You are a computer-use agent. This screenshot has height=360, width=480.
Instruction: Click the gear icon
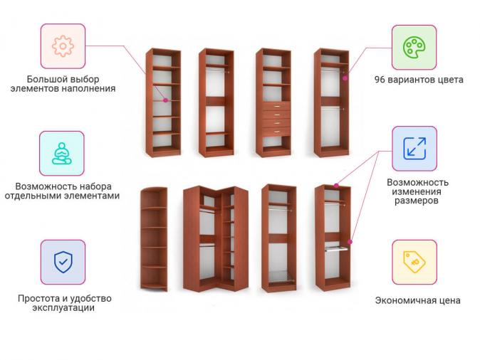[63, 46]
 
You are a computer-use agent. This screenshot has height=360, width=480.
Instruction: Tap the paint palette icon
[414, 48]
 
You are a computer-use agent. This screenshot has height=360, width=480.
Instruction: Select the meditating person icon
[62, 154]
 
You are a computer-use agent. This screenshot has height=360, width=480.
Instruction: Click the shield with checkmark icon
[63, 262]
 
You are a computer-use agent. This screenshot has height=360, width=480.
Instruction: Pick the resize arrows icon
[414, 149]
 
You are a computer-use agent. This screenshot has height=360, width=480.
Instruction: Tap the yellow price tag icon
[414, 262]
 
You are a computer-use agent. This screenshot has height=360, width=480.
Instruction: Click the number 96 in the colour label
[380, 80]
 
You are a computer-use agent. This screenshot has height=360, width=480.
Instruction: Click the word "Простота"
[38, 298]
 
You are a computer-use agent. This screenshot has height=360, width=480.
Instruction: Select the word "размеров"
[417, 201]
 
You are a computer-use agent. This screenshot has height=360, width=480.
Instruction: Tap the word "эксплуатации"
[63, 307]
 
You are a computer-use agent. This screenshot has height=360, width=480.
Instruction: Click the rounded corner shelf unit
[154, 239]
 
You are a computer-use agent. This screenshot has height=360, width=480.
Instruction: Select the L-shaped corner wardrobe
[216, 238]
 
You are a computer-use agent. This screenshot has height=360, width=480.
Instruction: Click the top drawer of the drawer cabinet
[276, 106]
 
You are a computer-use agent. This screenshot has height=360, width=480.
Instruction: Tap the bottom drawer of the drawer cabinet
[276, 132]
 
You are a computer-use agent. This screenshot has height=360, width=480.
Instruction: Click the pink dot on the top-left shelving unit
[166, 100]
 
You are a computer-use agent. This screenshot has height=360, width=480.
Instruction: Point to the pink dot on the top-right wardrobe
[345, 78]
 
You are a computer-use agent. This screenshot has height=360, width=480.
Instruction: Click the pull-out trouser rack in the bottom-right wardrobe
[336, 247]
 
